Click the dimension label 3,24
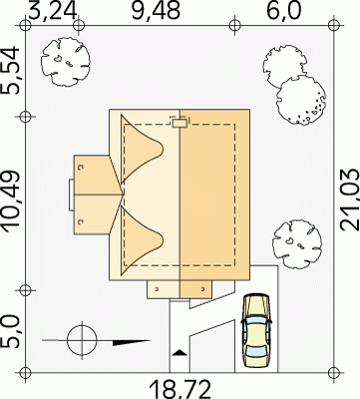53,11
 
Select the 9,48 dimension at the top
156,11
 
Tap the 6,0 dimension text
284,11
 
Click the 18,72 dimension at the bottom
180,390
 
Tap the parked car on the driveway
256,330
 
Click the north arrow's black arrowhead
132,342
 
